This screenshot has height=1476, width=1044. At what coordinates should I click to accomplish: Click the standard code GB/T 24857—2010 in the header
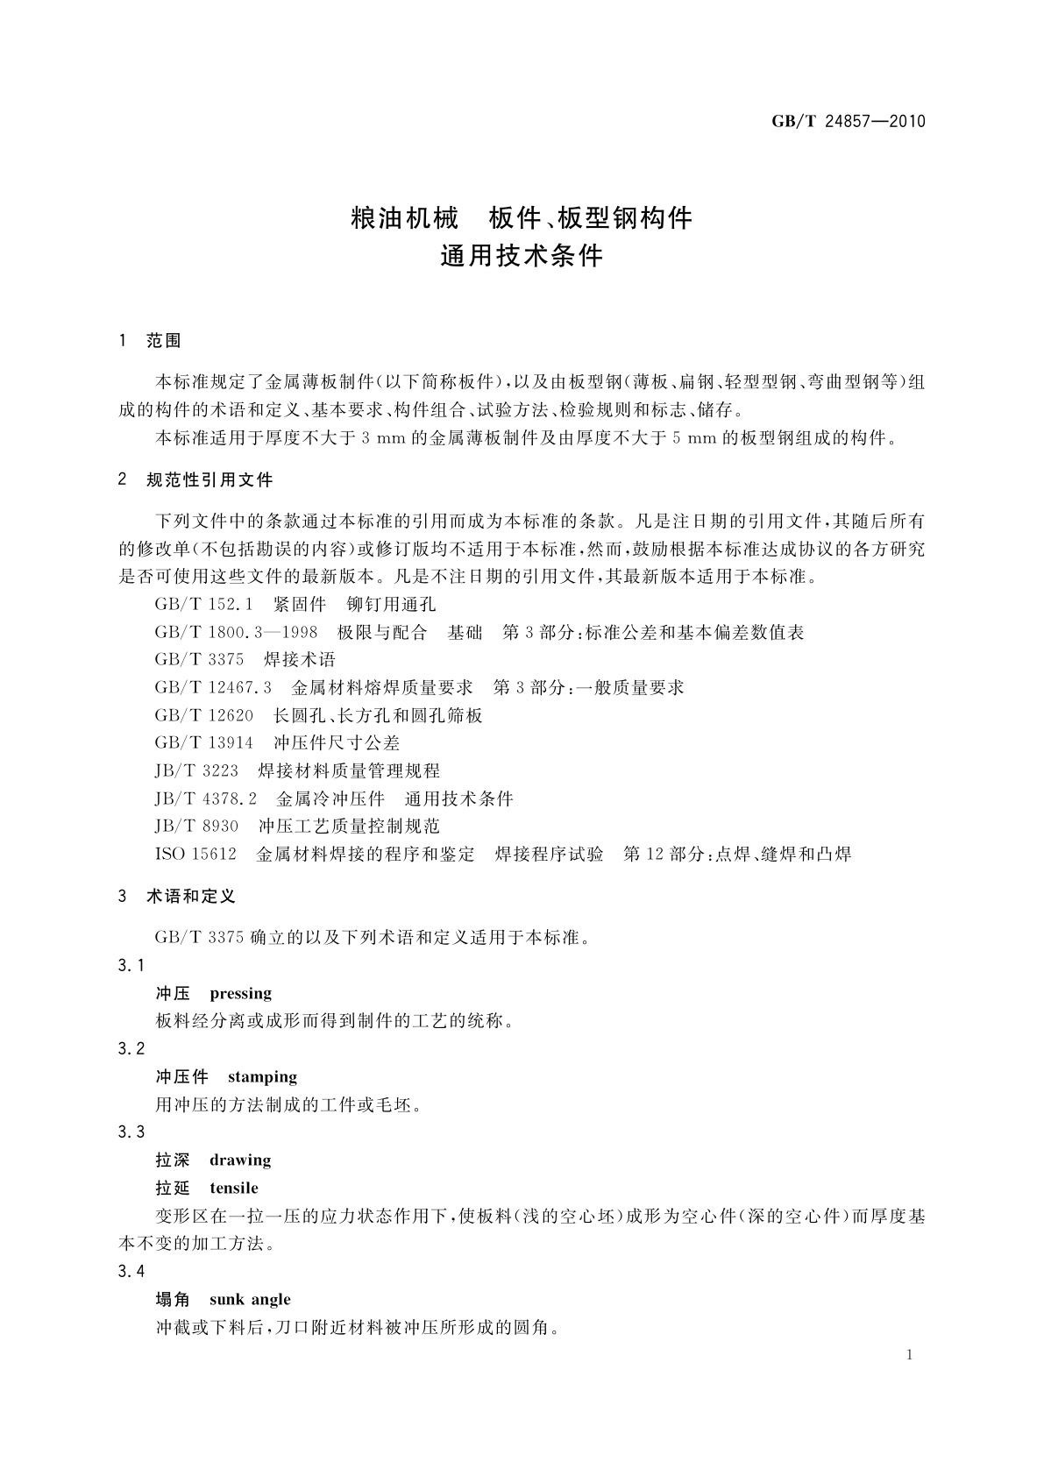point(848,122)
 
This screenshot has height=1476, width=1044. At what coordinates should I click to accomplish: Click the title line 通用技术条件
point(522,256)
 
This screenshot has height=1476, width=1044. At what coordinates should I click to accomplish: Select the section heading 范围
point(164,341)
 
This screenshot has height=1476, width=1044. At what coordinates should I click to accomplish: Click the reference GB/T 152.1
point(203,604)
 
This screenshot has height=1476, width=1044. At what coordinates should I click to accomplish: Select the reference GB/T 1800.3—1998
point(236,632)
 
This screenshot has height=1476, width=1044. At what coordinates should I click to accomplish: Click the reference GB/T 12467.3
point(213,687)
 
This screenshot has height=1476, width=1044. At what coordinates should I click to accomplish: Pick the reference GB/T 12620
point(203,715)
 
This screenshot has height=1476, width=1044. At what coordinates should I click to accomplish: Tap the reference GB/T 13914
point(203,743)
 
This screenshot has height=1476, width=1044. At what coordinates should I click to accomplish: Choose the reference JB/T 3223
point(196,771)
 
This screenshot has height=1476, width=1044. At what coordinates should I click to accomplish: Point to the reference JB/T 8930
point(196,827)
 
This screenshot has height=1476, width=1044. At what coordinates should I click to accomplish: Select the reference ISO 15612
point(195,854)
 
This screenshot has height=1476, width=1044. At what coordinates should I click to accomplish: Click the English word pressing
point(241,993)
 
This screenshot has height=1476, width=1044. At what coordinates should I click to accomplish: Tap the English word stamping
point(262,1076)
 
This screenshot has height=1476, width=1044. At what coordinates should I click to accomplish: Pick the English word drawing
point(240,1160)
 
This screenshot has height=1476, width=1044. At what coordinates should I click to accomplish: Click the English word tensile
point(234,1188)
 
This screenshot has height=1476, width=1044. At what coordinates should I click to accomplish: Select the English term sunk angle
point(250,1299)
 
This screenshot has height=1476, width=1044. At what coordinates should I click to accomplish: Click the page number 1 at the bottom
point(910,1355)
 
